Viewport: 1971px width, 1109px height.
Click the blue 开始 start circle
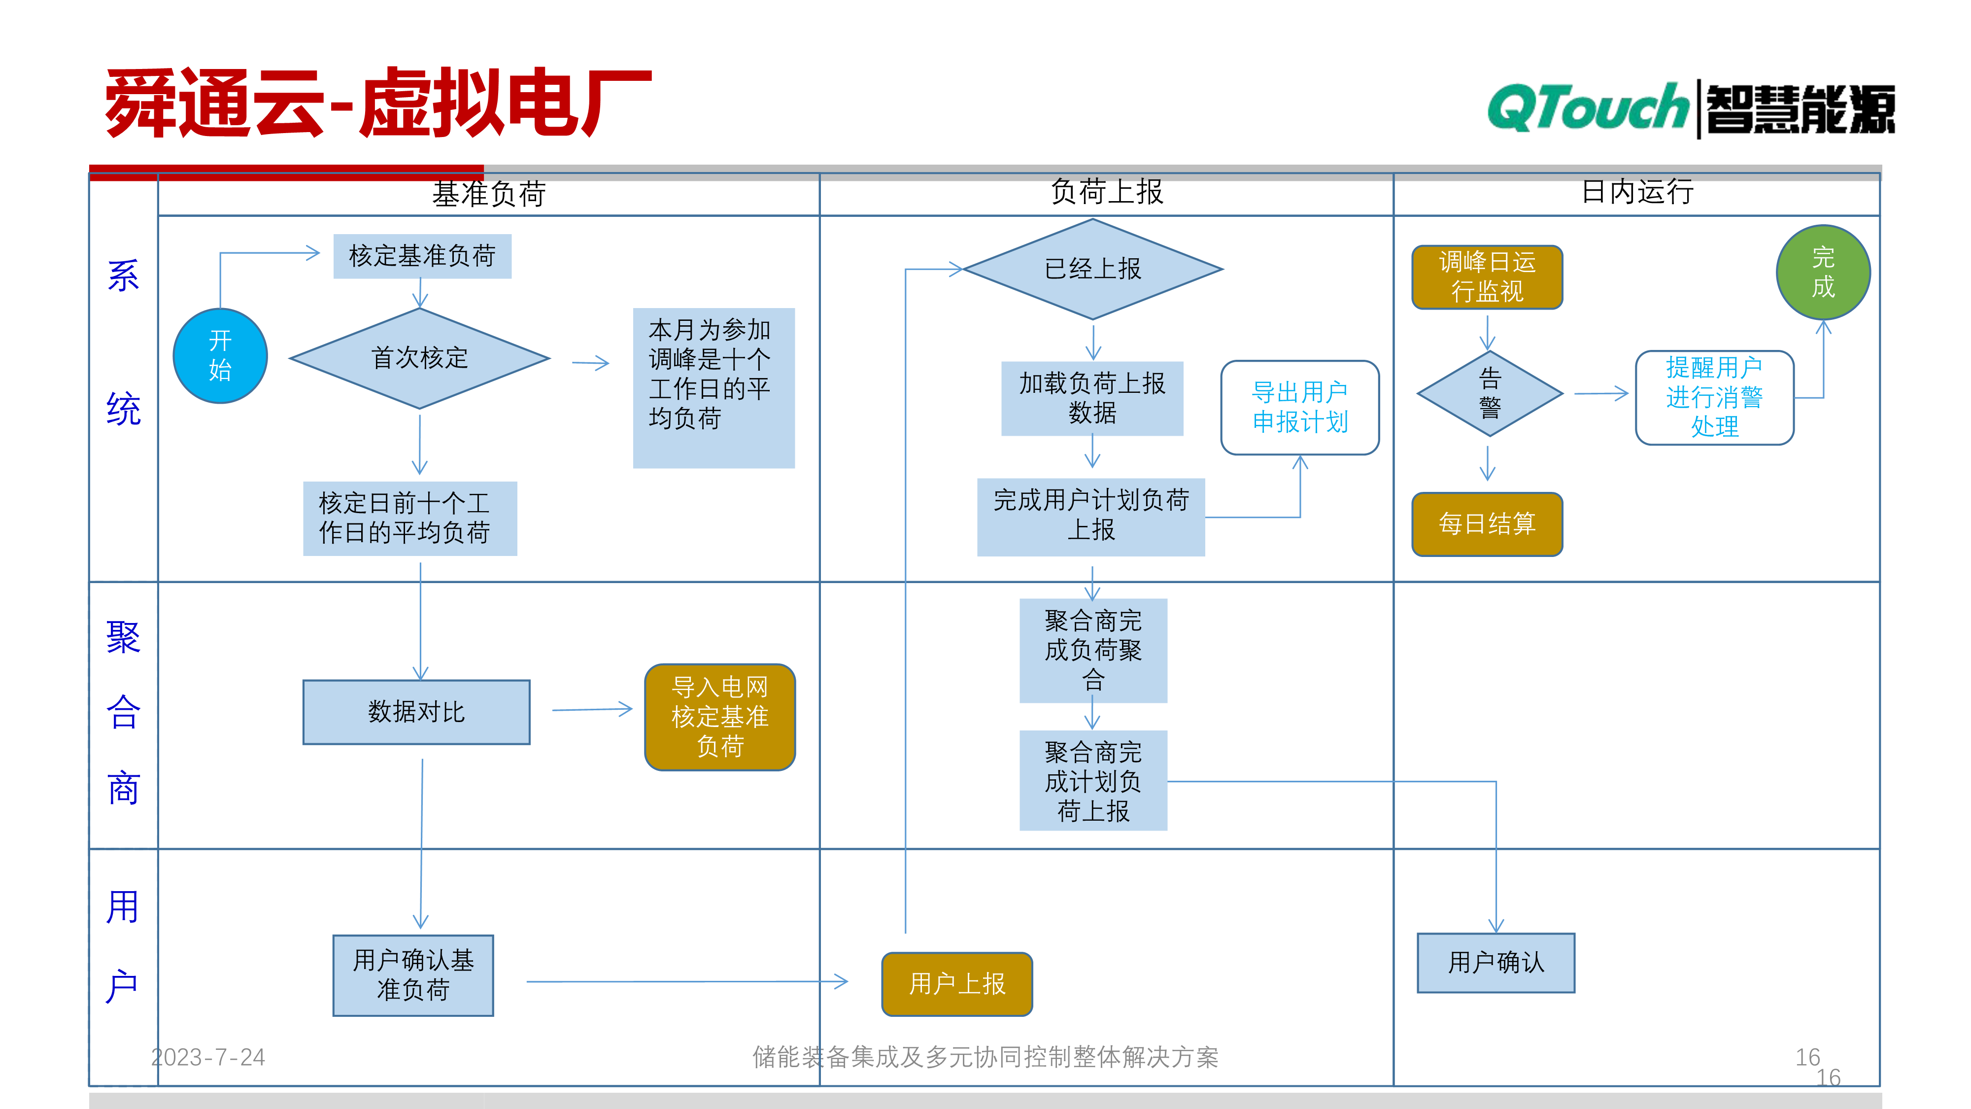tap(220, 356)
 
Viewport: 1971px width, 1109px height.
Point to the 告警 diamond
tap(1490, 393)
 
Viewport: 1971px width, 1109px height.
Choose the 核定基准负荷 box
tap(422, 256)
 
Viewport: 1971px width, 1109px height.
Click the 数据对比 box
tap(416, 712)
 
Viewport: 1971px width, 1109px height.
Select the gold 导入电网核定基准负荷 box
tap(720, 717)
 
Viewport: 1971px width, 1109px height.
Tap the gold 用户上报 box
tap(957, 984)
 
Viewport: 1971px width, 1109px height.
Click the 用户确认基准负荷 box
tap(413, 975)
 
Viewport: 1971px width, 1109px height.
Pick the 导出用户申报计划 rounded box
tap(1300, 407)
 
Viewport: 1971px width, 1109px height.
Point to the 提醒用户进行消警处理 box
tap(1715, 397)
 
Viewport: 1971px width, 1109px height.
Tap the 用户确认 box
tap(1496, 963)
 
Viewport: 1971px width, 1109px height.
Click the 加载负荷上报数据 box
tap(1092, 398)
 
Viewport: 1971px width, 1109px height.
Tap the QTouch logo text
tap(1588, 108)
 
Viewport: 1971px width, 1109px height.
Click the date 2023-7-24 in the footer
tap(208, 1057)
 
